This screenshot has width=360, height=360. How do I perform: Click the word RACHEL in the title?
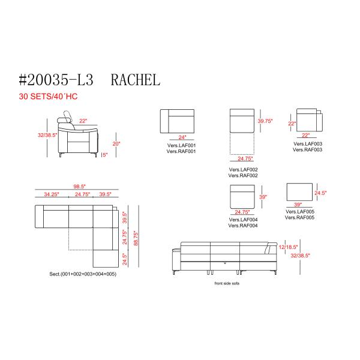pos(136,80)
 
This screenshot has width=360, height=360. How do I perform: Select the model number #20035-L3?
pos(56,80)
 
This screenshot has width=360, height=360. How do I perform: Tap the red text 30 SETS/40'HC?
pos(48,97)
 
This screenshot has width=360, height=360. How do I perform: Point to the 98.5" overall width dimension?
pos(79,186)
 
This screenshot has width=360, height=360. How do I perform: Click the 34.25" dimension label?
pos(52,194)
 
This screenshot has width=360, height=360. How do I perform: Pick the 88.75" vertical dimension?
pos(136,238)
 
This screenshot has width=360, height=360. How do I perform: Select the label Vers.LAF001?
pos(181,145)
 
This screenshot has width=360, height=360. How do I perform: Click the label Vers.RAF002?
pos(243,176)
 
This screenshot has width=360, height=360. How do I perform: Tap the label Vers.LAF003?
pos(308,144)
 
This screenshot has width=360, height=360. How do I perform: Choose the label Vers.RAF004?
pos(243,226)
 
